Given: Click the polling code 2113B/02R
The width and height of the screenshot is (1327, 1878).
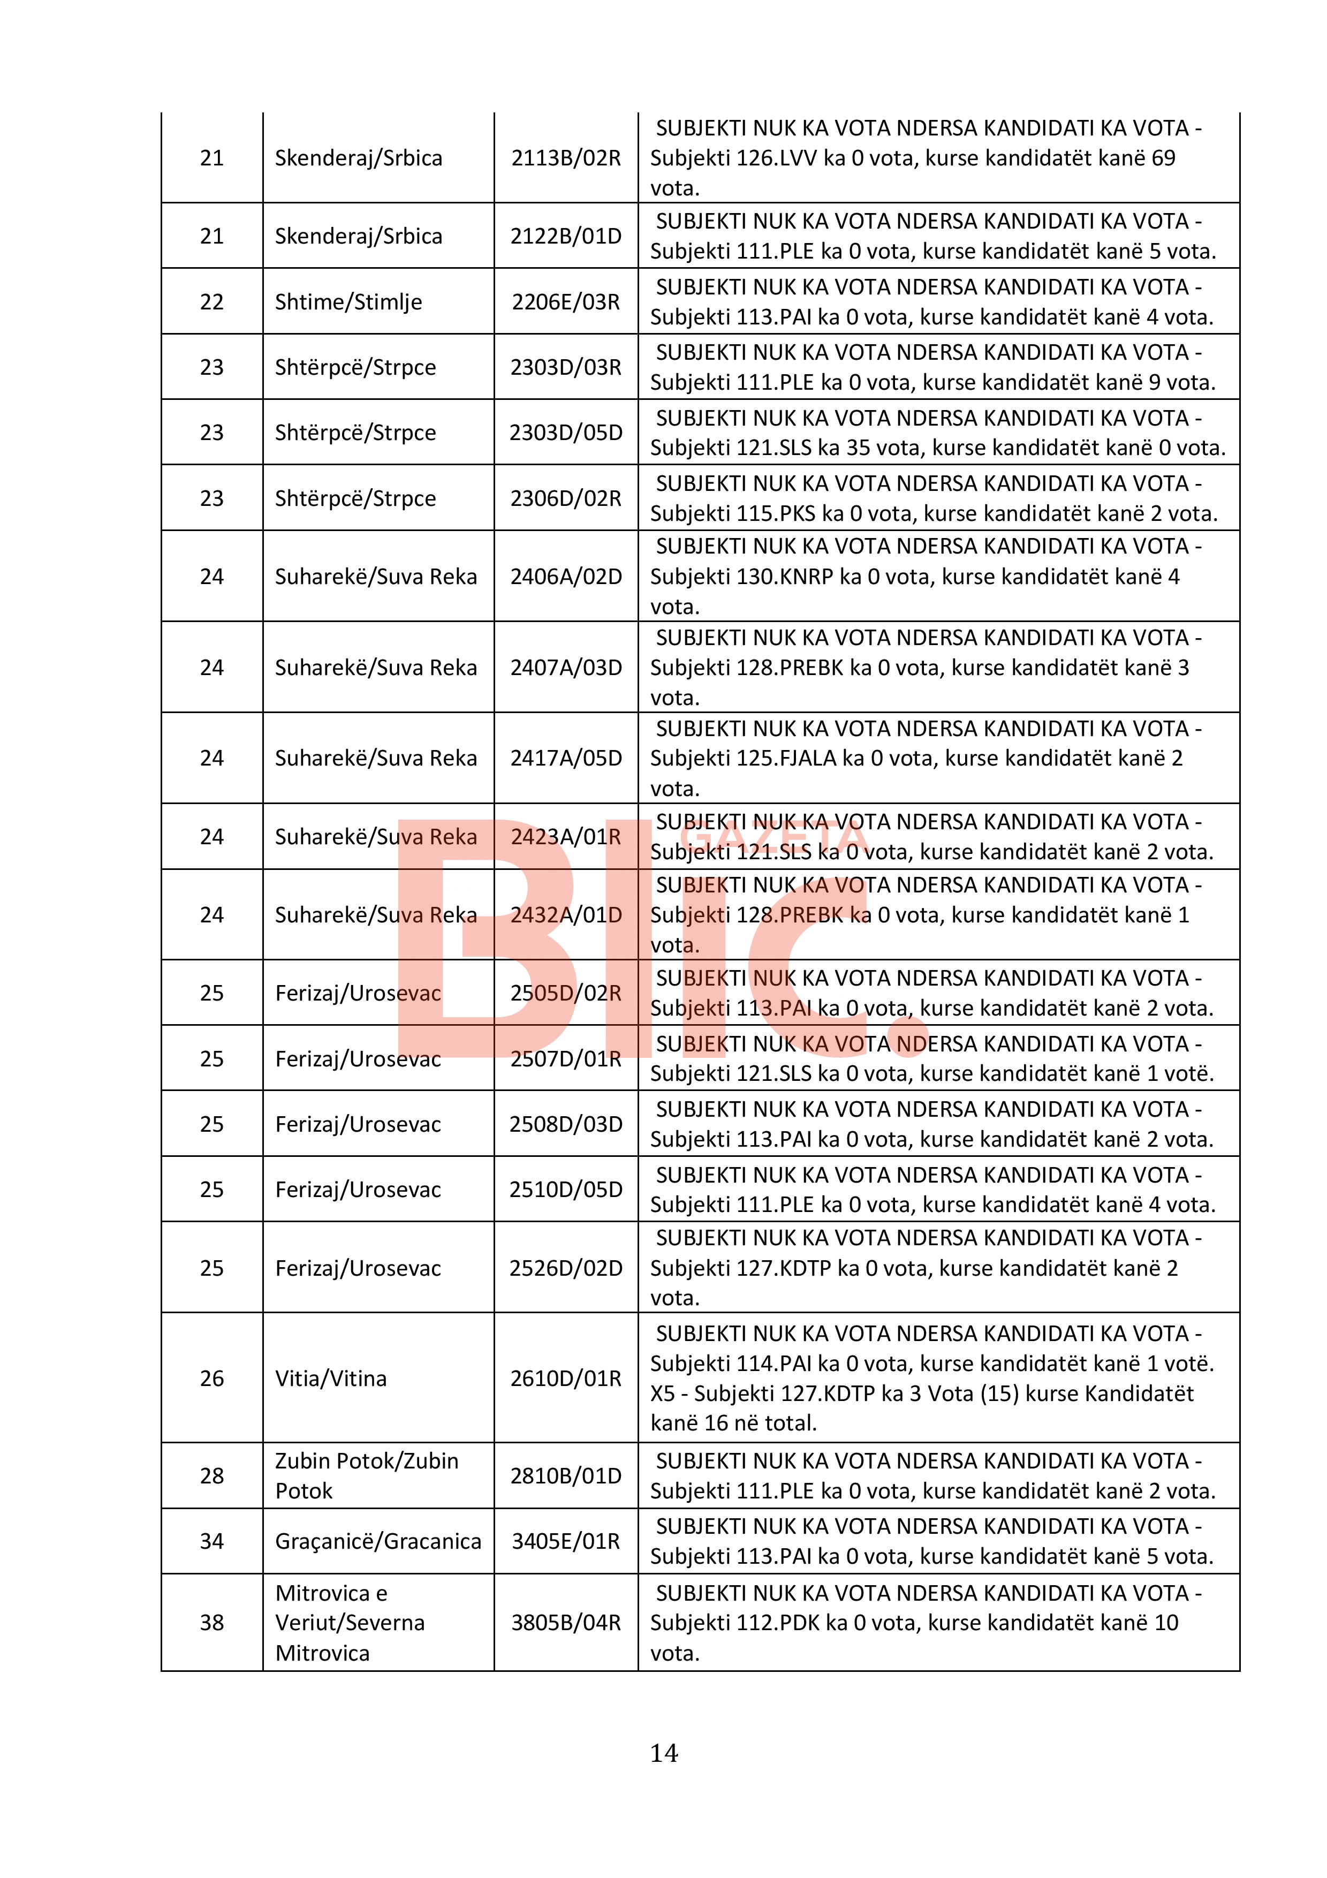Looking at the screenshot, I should click(566, 158).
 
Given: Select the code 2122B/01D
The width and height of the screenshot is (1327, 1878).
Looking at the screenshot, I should click(566, 237).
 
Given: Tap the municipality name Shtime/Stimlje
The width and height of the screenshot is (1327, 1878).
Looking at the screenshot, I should click(348, 302).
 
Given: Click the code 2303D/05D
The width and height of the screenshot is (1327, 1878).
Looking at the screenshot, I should click(566, 433).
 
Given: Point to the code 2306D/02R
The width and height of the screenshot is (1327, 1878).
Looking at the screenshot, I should click(566, 498).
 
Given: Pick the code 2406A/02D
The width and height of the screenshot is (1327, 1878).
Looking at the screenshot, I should click(566, 577).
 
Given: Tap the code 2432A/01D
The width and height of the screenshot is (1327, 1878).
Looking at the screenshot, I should click(566, 914).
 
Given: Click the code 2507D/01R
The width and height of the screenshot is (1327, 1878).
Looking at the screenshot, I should click(566, 1058).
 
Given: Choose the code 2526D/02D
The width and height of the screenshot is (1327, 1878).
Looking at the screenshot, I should click(566, 1268).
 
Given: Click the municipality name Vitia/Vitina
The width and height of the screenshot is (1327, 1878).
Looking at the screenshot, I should click(330, 1378).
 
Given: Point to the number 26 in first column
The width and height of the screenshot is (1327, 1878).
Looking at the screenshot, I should click(212, 1378).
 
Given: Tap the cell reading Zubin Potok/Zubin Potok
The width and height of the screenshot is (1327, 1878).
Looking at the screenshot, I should click(366, 1475).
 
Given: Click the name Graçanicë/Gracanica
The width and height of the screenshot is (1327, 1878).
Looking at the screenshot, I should click(378, 1541).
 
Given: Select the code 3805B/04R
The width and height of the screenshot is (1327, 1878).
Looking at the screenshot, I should click(566, 1622).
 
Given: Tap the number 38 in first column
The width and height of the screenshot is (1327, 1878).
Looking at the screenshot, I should click(212, 1622).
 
